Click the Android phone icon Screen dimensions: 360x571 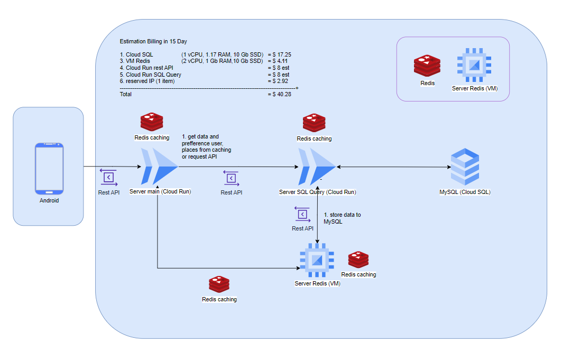click(49, 168)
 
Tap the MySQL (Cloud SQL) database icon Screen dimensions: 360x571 click(465, 166)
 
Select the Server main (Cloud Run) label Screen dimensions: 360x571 click(160, 191)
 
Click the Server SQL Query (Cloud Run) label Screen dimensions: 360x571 click(317, 192)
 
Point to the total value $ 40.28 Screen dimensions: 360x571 click(280, 94)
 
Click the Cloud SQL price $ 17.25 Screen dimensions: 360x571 click(280, 54)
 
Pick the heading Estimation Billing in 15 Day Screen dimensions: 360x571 click(153, 41)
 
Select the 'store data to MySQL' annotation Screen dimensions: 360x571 click(342, 218)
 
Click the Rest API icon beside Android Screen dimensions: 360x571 click(109, 177)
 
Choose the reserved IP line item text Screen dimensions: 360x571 click(147, 81)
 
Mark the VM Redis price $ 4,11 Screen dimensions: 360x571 click(279, 61)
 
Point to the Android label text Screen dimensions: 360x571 click(49, 200)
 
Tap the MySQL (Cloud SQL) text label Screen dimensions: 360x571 click(465, 192)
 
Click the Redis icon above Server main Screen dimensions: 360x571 click(152, 122)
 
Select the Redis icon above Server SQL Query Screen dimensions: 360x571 click(314, 123)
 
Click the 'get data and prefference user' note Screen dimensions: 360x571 click(207, 146)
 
